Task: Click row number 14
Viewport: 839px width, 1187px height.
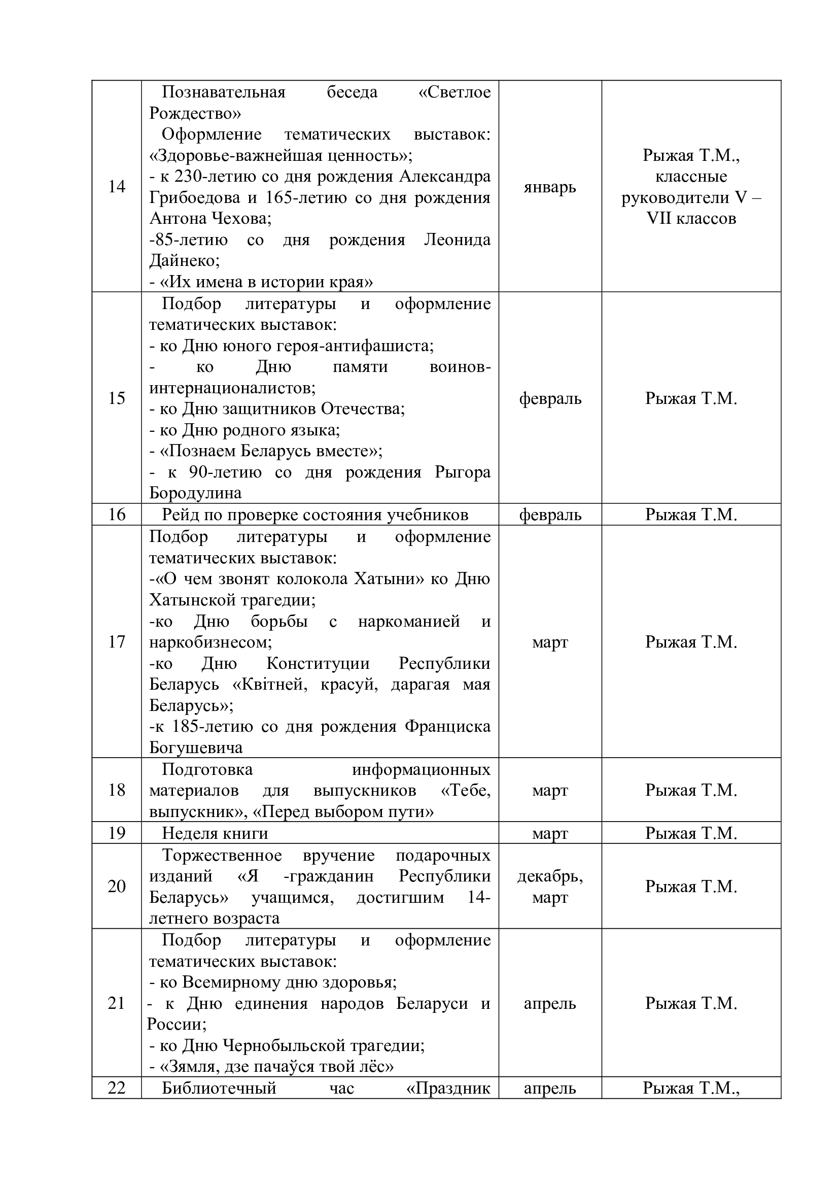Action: click(117, 187)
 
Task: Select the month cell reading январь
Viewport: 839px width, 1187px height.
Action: click(550, 187)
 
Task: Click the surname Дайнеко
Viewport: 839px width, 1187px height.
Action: click(184, 261)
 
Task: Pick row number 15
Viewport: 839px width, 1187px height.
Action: click(117, 398)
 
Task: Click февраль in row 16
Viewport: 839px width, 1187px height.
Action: click(550, 515)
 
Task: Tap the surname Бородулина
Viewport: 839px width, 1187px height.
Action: click(195, 493)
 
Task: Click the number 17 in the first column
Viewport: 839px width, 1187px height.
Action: click(117, 642)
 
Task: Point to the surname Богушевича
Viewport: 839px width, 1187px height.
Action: click(196, 748)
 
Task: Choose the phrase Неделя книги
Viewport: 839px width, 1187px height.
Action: click(215, 833)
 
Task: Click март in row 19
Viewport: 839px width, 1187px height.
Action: click(550, 833)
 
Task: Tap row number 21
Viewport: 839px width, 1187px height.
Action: click(117, 1003)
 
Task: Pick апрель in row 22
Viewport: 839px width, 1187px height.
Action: click(550, 1089)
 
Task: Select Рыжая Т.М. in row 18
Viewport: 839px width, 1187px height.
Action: click(691, 791)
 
